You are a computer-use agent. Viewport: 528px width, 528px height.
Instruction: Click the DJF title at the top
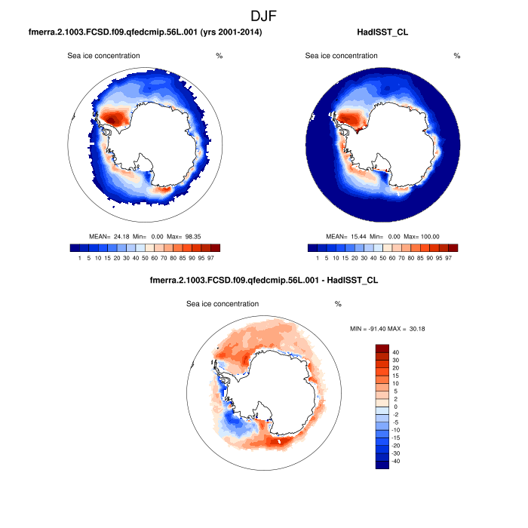[x=264, y=14]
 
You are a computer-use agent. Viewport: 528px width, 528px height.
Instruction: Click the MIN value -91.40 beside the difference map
[x=376, y=329]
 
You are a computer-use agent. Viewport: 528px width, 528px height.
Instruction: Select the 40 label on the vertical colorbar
[x=395, y=352]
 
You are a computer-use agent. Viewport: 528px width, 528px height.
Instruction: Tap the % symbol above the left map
[x=219, y=56]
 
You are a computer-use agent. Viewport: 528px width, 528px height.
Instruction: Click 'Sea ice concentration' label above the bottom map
[x=223, y=304]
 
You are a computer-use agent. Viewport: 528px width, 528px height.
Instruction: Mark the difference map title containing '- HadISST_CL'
[x=264, y=280]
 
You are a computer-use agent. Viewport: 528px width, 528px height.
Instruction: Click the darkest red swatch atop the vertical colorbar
[x=382, y=348]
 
